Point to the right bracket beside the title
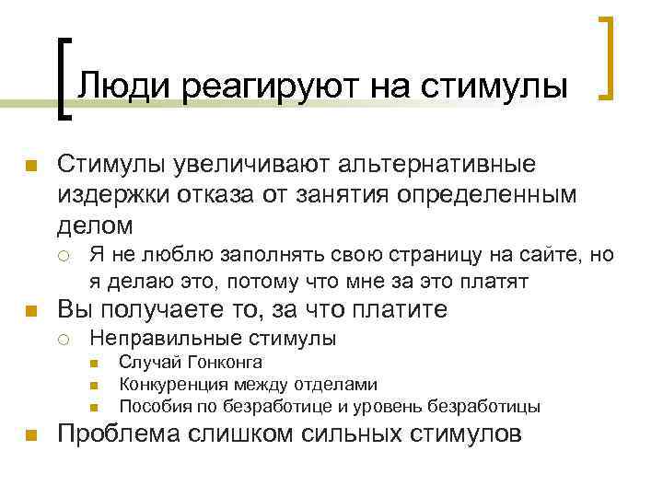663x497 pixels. click(x=608, y=57)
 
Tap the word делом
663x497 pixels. click(x=95, y=225)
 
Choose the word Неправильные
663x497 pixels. click(x=147, y=339)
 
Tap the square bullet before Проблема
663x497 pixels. click(x=30, y=435)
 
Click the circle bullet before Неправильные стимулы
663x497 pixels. click(x=68, y=340)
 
